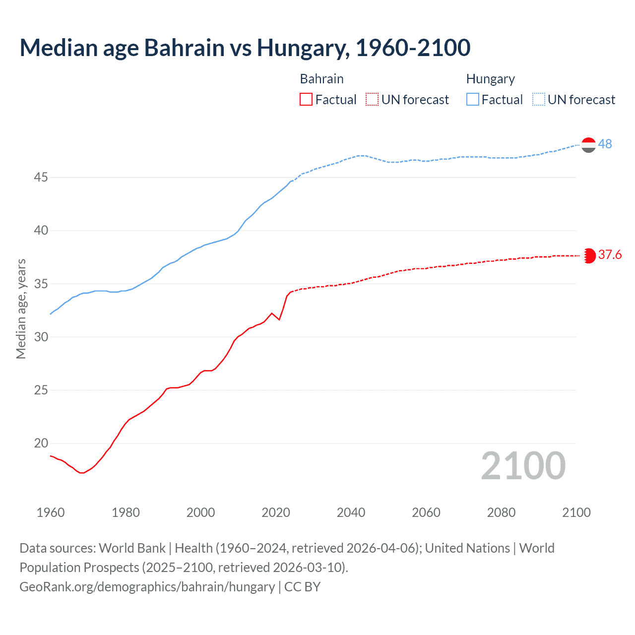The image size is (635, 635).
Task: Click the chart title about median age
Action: point(245,48)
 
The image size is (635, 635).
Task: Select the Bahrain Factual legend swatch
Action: point(306,100)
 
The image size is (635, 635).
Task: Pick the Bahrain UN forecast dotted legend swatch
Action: point(372,100)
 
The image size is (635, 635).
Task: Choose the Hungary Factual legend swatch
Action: point(473,100)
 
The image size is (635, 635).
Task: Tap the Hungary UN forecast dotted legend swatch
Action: point(539,100)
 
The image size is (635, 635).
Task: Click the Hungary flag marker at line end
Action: point(588,145)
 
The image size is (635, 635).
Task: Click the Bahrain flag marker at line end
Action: point(588,255)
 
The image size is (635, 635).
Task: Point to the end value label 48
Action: point(605,144)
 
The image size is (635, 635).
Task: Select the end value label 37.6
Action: point(610,255)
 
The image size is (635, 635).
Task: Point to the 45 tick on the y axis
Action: point(41,177)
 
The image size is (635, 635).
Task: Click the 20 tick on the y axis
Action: point(41,443)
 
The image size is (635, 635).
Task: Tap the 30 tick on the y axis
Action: point(41,337)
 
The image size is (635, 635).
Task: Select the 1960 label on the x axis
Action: point(51,512)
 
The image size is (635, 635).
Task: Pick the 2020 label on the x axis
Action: point(276,512)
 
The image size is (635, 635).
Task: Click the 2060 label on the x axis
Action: point(426,512)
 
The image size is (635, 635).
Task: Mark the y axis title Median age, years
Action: point(21,309)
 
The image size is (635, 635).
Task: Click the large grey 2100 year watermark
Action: point(523,466)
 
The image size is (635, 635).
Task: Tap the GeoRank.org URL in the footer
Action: point(147,587)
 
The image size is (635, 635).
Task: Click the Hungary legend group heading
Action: point(490,79)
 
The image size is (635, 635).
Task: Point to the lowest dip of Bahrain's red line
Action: point(82,473)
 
